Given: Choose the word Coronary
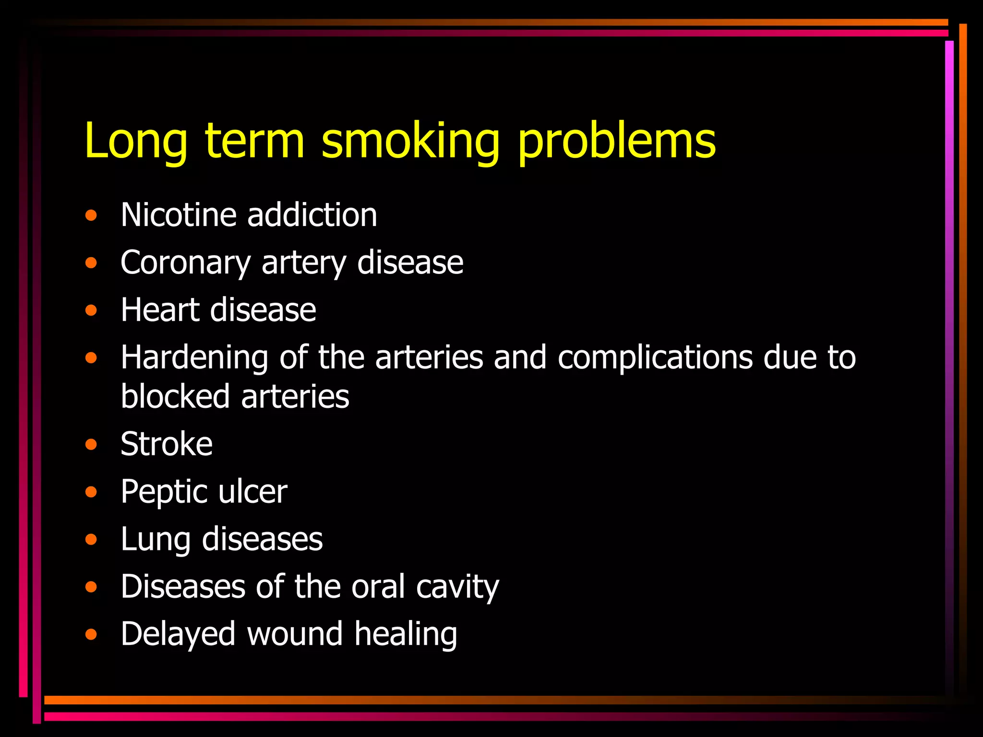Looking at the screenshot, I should point(186,263).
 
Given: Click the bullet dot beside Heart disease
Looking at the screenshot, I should point(91,310).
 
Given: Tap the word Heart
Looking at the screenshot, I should point(160,310).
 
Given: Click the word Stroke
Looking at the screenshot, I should point(167,444).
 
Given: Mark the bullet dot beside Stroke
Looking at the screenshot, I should point(91,444).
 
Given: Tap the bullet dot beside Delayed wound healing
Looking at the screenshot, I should point(91,635).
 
